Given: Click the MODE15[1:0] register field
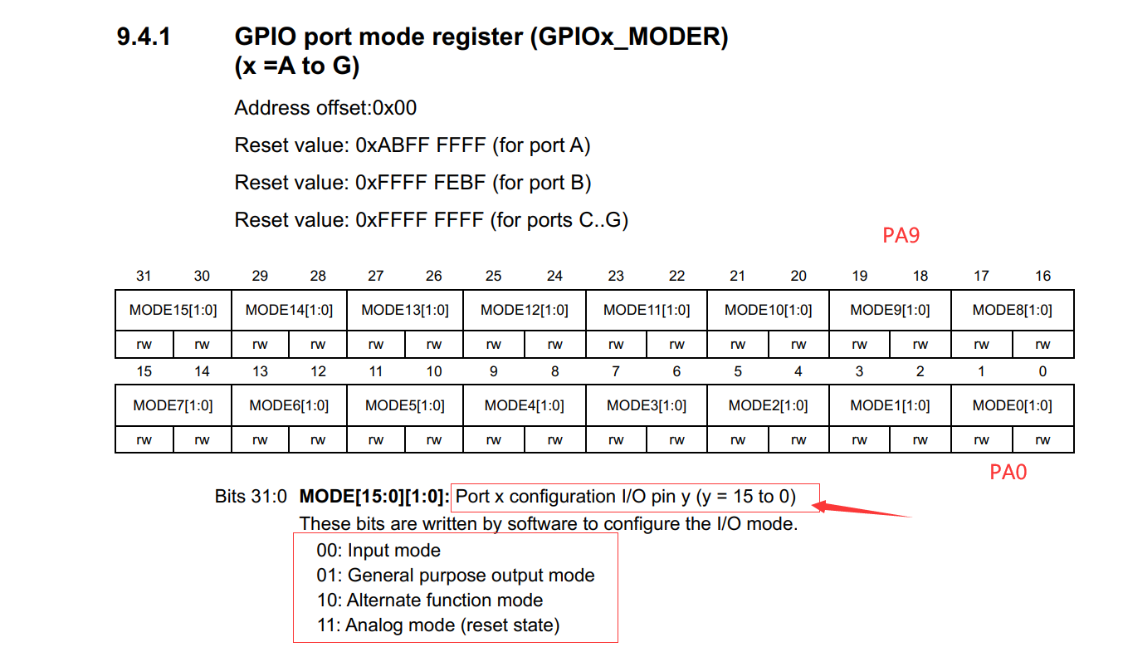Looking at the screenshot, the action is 173,311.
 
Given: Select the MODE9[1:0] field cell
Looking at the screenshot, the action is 890,311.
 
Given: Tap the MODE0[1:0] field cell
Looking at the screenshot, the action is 1012,406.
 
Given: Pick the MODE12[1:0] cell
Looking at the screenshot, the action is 525,311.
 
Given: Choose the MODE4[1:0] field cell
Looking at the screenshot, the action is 525,406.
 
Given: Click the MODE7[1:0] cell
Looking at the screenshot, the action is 173,406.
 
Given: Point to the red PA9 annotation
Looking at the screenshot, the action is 901,236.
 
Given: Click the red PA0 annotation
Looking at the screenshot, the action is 1008,473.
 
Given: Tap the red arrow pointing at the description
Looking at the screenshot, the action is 863,507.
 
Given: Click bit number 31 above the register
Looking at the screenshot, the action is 144,276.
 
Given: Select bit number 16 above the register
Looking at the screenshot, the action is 1042,276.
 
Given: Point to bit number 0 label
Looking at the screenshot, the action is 1042,371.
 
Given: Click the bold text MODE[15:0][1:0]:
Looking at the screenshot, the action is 374,498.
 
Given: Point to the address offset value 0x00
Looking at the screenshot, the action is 394,108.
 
